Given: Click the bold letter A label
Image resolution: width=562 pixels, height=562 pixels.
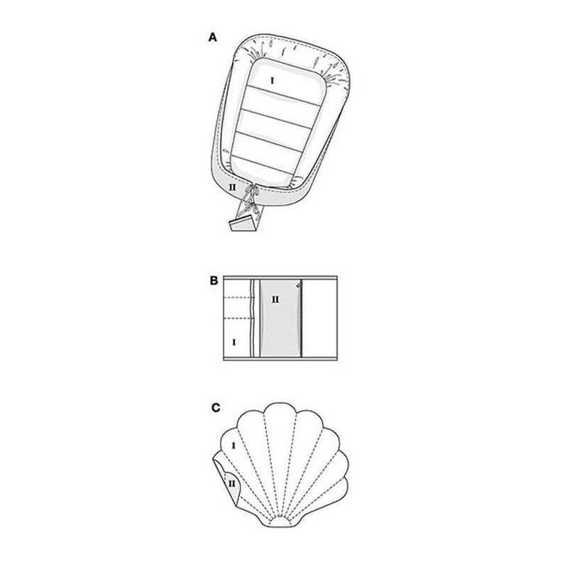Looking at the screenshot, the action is click(213, 38).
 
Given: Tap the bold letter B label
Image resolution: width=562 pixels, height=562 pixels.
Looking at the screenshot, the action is click(214, 280).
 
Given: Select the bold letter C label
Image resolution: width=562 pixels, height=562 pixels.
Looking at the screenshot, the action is click(216, 408).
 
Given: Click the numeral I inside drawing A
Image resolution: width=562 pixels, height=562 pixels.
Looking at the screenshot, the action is click(272, 81).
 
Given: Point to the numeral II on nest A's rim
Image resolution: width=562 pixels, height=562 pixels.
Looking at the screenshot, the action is click(233, 187).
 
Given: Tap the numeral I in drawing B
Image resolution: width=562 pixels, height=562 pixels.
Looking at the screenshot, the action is click(234, 342).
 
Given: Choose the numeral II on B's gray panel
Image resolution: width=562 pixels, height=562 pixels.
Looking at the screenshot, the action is click(275, 299).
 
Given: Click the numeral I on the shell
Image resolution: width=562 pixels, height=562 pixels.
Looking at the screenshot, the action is click(233, 446).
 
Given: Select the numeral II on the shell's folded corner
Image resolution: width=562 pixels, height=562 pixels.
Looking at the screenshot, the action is click(232, 484).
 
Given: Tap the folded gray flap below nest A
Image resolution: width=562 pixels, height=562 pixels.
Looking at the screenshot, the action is click(244, 224).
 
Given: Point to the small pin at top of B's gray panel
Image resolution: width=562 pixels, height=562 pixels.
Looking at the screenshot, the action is click(299, 285).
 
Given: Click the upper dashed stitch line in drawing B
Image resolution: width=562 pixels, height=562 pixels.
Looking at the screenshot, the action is click(237, 297).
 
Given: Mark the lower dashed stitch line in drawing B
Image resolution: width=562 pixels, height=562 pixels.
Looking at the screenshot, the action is click(238, 319).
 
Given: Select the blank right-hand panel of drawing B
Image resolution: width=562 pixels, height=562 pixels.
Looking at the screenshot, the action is click(320, 318).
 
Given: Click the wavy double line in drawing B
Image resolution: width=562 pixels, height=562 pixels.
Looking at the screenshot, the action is click(253, 318).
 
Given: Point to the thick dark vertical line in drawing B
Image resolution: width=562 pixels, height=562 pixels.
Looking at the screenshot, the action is click(302, 319).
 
